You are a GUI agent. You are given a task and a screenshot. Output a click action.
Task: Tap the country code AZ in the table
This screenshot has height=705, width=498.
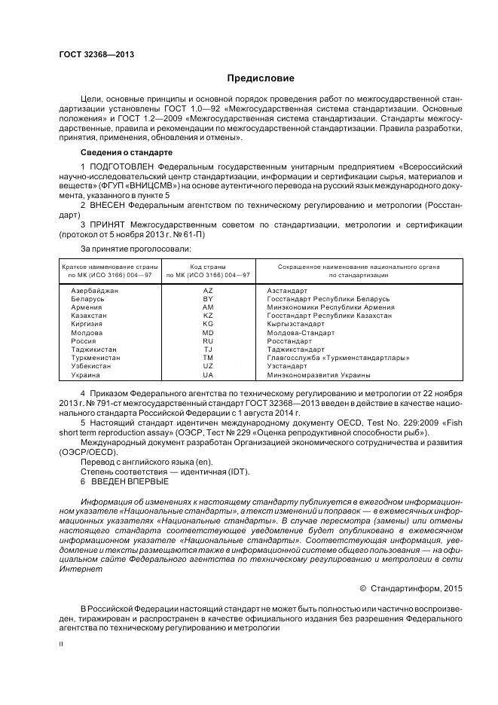click(208, 290)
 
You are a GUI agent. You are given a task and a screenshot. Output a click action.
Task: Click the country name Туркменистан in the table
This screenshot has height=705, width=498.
click(95, 358)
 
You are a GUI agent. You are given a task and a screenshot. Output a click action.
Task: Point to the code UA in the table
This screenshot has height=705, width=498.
click(208, 374)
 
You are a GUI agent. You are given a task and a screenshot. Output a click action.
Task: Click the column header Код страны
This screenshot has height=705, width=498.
click(208, 267)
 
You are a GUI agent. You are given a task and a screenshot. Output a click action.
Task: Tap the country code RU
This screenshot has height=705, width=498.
click(208, 340)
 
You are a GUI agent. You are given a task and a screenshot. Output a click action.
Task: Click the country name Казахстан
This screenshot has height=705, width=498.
click(89, 316)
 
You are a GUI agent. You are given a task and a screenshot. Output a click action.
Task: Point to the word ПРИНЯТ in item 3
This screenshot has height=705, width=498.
click(109, 224)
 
